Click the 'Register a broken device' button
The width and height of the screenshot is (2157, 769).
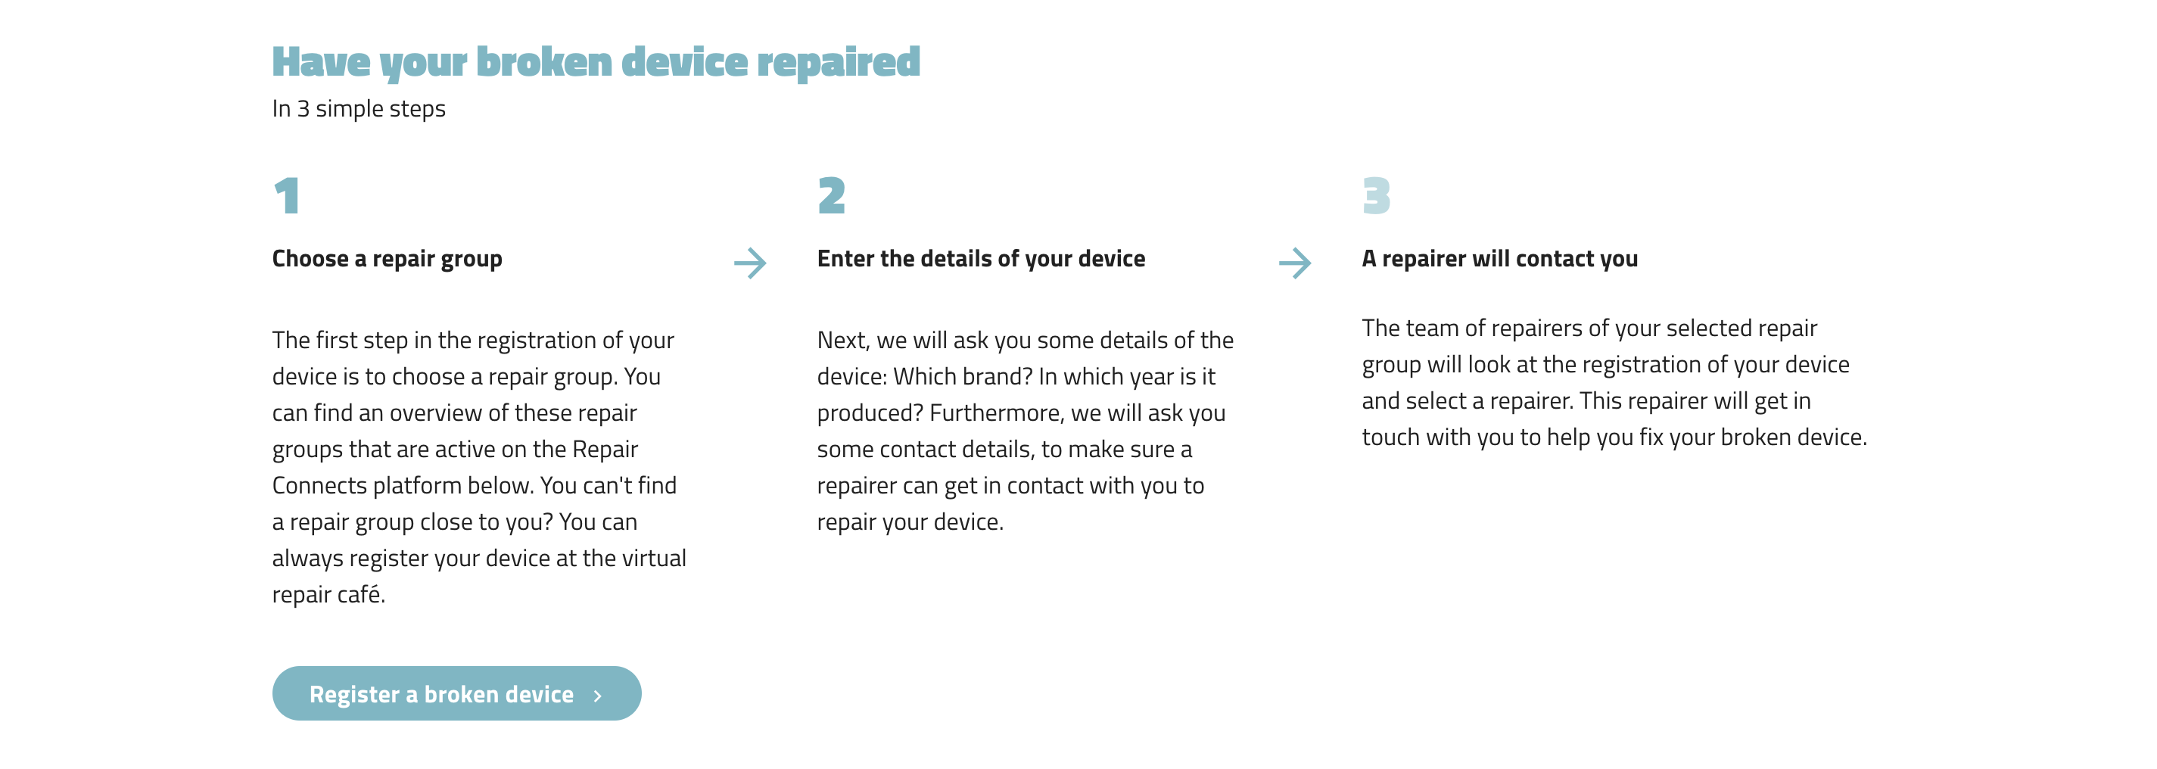pyautogui.click(x=456, y=693)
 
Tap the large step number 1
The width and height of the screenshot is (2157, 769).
pyautogui.click(x=287, y=195)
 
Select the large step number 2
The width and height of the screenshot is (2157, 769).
pyautogui.click(x=832, y=195)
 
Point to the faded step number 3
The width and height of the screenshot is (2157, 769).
pyautogui.click(x=1376, y=195)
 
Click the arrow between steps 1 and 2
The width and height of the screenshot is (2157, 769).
pyautogui.click(x=750, y=263)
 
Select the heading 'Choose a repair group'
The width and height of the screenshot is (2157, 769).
pyautogui.click(x=387, y=259)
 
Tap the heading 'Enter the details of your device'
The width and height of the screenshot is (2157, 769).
pyautogui.click(x=981, y=259)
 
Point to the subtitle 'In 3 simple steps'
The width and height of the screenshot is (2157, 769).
pyautogui.click(x=359, y=109)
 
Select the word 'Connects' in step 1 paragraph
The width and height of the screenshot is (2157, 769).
pyautogui.click(x=319, y=485)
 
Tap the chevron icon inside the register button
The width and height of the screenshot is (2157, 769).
pyautogui.click(x=597, y=696)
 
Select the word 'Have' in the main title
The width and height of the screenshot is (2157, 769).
pyautogui.click(x=321, y=62)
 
